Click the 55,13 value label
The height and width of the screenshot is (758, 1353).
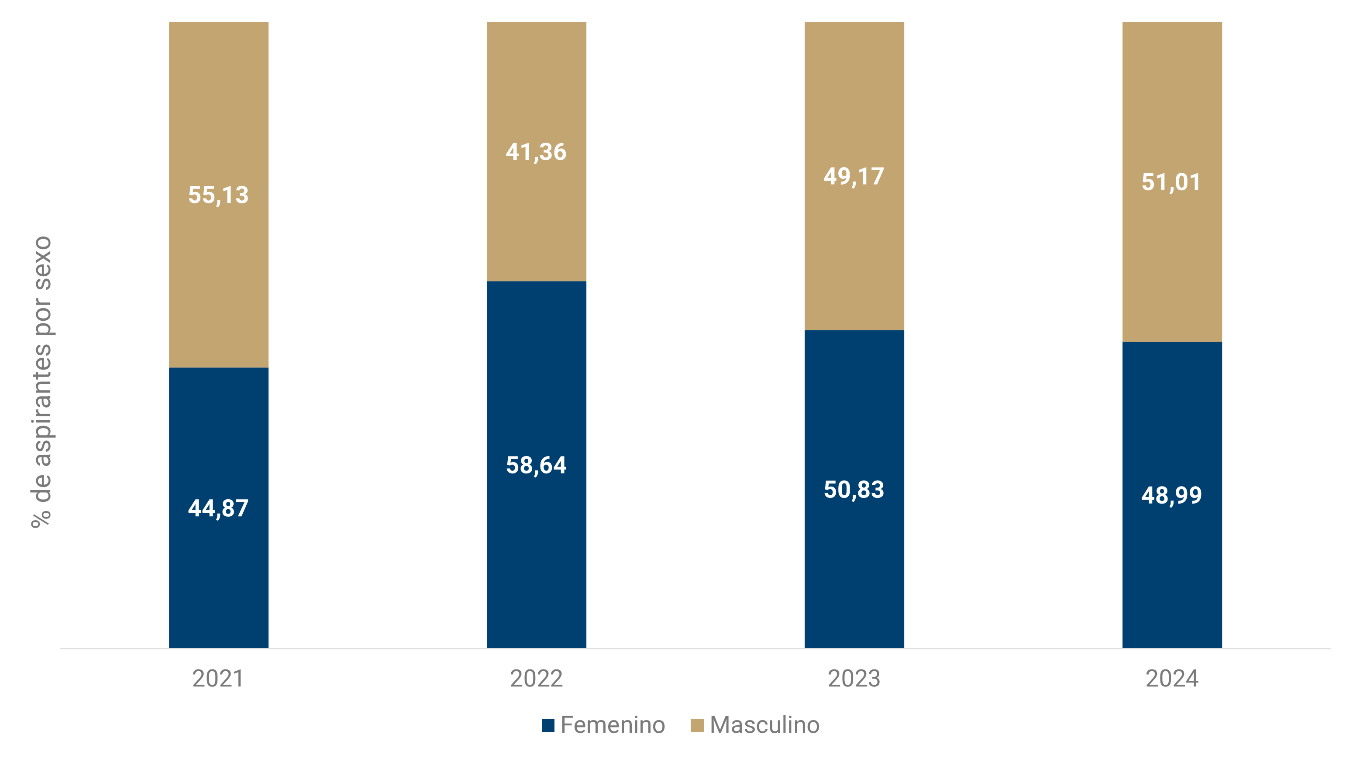point(218,195)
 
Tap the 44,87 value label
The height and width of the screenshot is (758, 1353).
point(218,508)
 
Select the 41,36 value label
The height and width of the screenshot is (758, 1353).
point(536,152)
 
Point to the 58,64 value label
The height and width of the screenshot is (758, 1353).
point(536,465)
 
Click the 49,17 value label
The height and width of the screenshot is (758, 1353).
point(854,176)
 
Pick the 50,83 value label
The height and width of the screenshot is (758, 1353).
point(854,490)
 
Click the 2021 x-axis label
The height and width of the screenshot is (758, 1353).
point(218,679)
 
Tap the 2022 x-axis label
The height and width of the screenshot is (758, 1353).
point(536,679)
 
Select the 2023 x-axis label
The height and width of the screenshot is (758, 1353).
point(854,679)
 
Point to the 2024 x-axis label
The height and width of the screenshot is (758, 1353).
point(1172,679)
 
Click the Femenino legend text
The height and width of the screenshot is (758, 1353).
point(613,725)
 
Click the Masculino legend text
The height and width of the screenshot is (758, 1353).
point(764,725)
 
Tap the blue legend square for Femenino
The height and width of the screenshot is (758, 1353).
point(548,725)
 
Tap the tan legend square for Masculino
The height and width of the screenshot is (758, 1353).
point(697,725)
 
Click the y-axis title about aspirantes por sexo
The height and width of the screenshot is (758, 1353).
point(42,382)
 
